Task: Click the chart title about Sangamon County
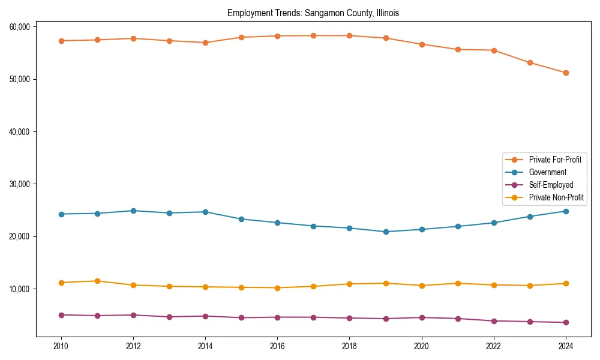click(x=313, y=13)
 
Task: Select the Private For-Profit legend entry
click(x=554, y=160)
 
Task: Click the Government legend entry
click(x=547, y=172)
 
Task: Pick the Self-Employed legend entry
click(x=551, y=185)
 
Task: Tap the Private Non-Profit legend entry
click(x=556, y=198)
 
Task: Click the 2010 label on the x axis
click(x=61, y=346)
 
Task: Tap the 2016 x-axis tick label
click(x=277, y=346)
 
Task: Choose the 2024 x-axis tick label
click(x=566, y=346)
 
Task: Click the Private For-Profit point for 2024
click(x=566, y=73)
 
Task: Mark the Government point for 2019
click(x=386, y=232)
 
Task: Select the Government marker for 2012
click(x=133, y=211)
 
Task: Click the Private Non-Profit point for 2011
click(x=97, y=281)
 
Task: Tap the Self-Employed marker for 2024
click(x=566, y=323)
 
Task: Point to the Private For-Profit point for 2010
click(x=61, y=41)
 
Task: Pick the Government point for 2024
click(x=566, y=211)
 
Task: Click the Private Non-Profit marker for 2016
click(x=277, y=288)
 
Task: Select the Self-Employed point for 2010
click(x=61, y=315)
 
